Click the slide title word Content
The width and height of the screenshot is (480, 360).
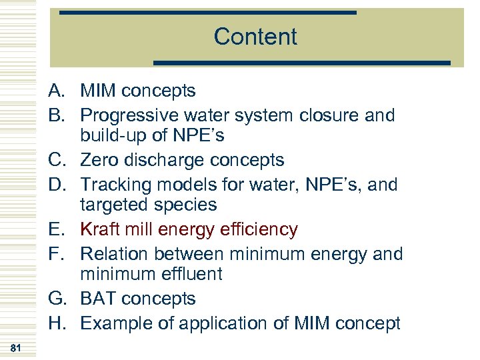(x=255, y=37)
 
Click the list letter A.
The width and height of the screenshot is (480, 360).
(x=55, y=91)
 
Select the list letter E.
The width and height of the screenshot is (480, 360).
(x=55, y=230)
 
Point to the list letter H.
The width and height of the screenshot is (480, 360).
(x=55, y=324)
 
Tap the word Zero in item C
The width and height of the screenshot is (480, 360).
(x=99, y=161)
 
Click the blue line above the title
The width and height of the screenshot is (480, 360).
(x=207, y=13)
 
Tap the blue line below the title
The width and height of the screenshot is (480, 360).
(x=302, y=63)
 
